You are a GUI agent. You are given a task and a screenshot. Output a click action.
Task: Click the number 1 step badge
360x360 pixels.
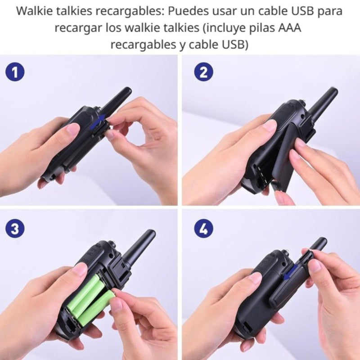(x=15, y=72)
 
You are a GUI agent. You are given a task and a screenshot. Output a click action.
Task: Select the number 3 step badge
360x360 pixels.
(x=15, y=229)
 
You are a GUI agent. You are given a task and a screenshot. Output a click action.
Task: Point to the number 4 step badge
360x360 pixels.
(x=203, y=229)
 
